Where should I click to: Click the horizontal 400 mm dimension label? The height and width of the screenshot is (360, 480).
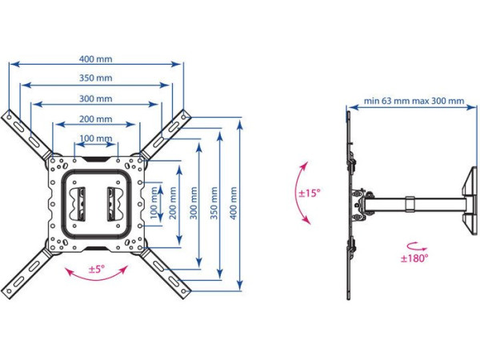point(96,58)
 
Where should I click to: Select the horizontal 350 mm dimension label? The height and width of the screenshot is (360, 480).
point(96,78)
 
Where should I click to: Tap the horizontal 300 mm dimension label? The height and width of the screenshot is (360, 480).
point(96,98)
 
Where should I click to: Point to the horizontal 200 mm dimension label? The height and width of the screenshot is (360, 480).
point(96,119)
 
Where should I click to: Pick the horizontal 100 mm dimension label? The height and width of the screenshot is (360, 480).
point(96,139)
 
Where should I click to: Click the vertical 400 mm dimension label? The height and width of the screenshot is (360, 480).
point(234,204)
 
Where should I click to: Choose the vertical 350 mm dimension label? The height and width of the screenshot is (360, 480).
point(213,204)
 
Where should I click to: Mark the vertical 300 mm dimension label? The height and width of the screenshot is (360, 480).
point(192,204)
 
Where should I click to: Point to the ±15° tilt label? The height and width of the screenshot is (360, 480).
point(309,193)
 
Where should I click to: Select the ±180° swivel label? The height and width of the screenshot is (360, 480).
point(414,258)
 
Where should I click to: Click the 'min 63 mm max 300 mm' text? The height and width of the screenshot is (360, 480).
point(413,102)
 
